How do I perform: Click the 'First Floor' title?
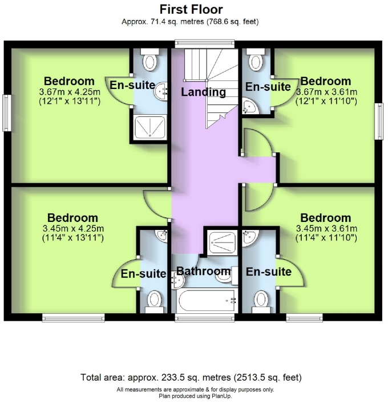click(191, 9)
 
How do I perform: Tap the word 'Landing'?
click(203, 92)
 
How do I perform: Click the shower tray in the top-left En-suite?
click(150, 128)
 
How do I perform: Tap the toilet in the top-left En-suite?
click(151, 60)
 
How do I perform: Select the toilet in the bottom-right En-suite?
click(261, 299)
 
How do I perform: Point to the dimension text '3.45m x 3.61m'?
click(326, 229)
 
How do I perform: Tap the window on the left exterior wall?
click(7, 114)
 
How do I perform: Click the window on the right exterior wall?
click(378, 120)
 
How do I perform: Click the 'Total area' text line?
click(191, 378)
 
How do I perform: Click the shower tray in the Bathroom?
click(220, 242)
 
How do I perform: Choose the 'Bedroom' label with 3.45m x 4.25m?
click(72, 218)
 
